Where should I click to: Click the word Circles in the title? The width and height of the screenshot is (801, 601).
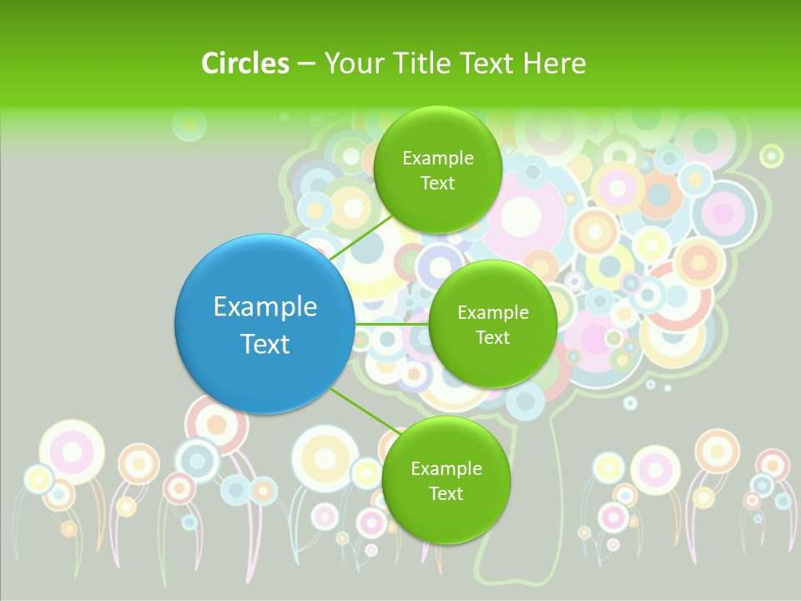click(244, 63)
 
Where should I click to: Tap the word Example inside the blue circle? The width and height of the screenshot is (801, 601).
click(265, 307)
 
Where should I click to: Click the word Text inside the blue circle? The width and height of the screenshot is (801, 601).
click(265, 344)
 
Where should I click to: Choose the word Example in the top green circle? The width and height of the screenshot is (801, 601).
click(438, 159)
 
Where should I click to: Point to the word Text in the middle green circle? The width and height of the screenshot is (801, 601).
click(492, 338)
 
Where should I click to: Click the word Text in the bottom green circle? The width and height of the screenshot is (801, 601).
click(446, 494)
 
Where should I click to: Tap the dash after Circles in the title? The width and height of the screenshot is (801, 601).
click(305, 63)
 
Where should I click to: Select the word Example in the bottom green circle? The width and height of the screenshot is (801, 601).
click(446, 469)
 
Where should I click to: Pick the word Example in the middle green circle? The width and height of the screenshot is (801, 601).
click(492, 313)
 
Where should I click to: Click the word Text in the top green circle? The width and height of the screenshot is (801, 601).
click(437, 184)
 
